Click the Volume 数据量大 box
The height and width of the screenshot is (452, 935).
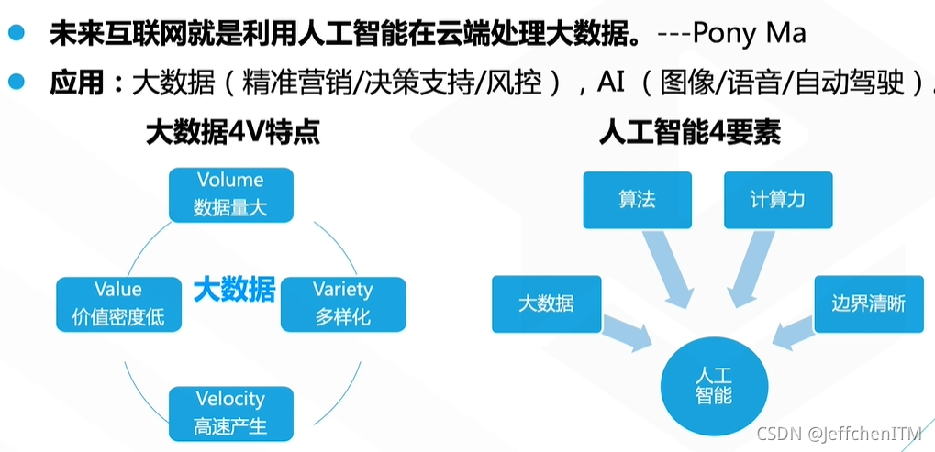pos(231,194)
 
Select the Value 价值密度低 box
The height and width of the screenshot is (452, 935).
pos(118,304)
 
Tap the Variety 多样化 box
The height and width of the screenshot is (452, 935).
pos(343,304)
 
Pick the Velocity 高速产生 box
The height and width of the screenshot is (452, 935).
pos(231,413)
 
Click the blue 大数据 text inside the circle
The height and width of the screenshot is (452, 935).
pos(234,291)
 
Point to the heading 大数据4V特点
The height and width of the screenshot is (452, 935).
pos(233,134)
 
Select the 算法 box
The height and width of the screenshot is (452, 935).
pos(637,200)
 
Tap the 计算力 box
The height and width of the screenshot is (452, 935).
pos(777,200)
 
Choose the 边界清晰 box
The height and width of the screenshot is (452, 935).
pos(867,303)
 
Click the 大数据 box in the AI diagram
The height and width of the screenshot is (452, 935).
pos(547,303)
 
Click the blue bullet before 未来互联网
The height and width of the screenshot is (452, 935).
pos(16,34)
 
